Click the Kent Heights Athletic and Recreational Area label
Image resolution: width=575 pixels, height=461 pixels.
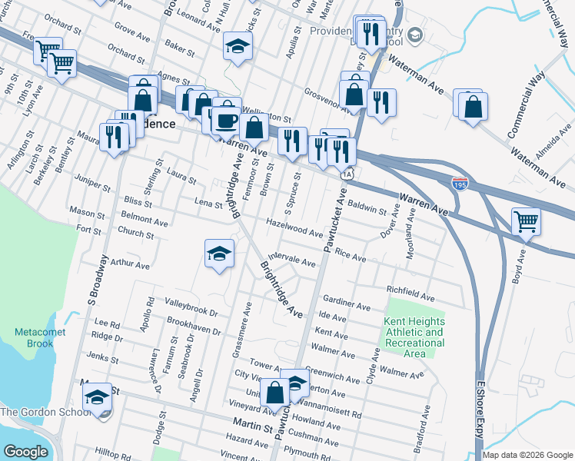pos(414,337)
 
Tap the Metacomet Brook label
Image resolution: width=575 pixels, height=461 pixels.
pos(40,337)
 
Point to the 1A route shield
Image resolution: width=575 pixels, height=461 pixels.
pos(347,174)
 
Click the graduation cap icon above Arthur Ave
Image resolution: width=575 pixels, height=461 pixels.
pos(219,254)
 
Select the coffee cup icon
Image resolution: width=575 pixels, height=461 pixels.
pos(226,120)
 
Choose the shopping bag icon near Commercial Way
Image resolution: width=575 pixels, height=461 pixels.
pos(473,108)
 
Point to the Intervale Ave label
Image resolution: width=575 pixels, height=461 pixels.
pos(292,260)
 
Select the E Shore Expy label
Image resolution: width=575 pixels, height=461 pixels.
pos(482,415)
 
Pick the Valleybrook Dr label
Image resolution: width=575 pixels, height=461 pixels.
pos(191,309)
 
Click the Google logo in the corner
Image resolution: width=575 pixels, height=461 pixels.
pos(26,452)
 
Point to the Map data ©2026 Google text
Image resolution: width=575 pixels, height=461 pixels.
pos(528,455)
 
